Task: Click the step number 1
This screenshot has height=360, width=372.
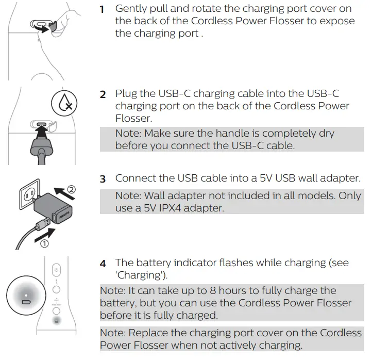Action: pyautogui.click(x=102, y=9)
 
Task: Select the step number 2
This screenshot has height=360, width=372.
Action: pyautogui.click(x=103, y=95)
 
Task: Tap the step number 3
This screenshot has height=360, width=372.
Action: pyautogui.click(x=103, y=179)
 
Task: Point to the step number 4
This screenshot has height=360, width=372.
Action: pyautogui.click(x=103, y=264)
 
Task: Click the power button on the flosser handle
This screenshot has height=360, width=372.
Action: pyautogui.click(x=57, y=270)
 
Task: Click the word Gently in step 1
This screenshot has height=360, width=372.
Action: pyautogui.click(x=131, y=9)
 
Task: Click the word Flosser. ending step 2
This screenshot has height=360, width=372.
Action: pyautogui.click(x=133, y=119)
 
